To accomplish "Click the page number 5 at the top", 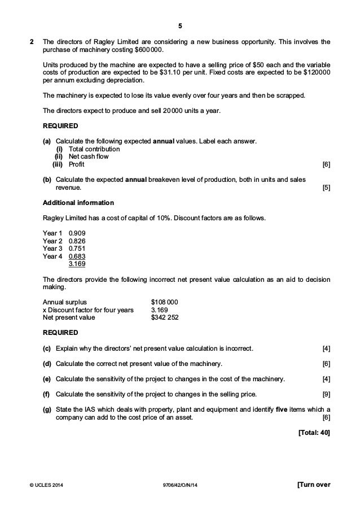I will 180,26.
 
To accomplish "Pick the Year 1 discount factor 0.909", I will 77,232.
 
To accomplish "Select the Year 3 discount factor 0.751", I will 77,248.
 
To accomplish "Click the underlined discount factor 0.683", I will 77,256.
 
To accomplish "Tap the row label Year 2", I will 52,240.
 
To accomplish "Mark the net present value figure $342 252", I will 165,317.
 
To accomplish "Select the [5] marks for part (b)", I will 326,187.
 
